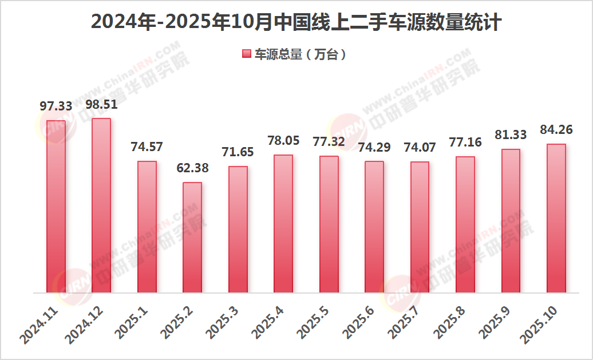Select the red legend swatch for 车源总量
247,54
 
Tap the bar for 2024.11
56,206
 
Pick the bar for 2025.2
192,237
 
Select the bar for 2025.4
283,223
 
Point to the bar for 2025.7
420,227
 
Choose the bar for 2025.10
556,218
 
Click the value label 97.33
56,106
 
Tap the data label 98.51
101,104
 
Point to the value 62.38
192,168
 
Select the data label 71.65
238,152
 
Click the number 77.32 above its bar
329,142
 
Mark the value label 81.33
511,135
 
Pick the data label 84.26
556,130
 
